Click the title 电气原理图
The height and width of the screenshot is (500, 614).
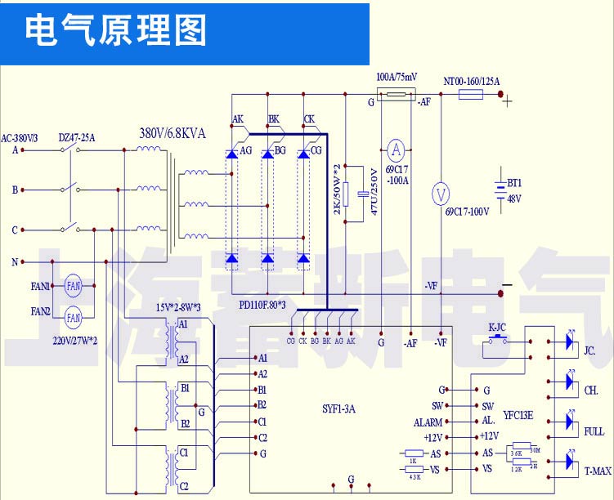click(x=116, y=32)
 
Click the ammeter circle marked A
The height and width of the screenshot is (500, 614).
click(x=396, y=150)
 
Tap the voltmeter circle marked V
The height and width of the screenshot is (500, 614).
click(x=441, y=194)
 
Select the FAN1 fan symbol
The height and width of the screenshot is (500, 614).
click(x=74, y=286)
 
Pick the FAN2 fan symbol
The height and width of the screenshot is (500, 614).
click(x=74, y=316)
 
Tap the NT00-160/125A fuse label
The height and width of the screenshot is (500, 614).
click(x=471, y=81)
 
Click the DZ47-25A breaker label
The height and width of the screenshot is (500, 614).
click(x=78, y=138)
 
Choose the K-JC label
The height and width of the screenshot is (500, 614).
click(x=497, y=328)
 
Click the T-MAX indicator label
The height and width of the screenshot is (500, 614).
click(x=598, y=471)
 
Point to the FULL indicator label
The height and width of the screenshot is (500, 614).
click(x=594, y=431)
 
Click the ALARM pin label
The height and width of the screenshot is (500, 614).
click(x=428, y=422)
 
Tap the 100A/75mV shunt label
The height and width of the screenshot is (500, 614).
click(x=397, y=77)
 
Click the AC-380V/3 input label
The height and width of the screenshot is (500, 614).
click(x=20, y=138)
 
